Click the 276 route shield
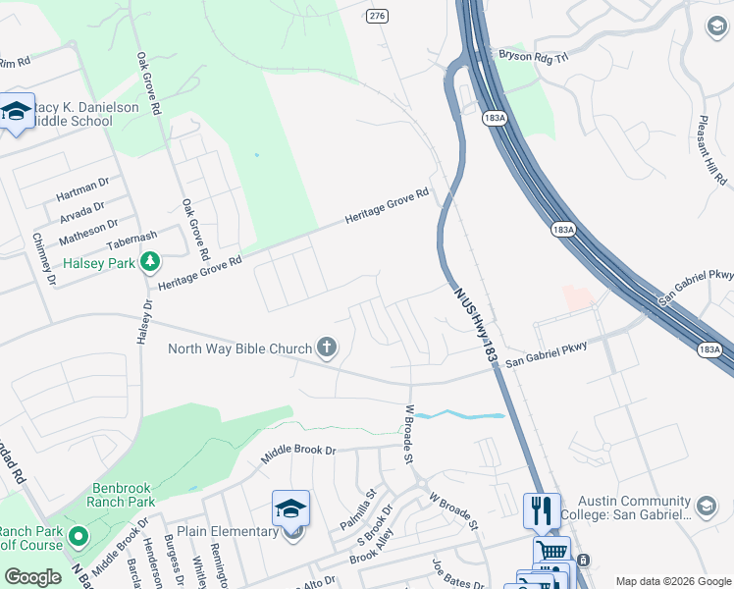(x=377, y=16)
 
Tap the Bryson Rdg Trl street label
(x=535, y=57)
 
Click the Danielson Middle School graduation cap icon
(x=16, y=114)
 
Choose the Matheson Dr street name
(x=88, y=233)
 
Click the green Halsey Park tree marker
(x=149, y=262)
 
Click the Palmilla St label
(x=358, y=509)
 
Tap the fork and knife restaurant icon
(x=542, y=510)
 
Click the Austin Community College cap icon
(x=705, y=505)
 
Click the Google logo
(x=33, y=577)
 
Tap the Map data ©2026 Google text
(x=672, y=581)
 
